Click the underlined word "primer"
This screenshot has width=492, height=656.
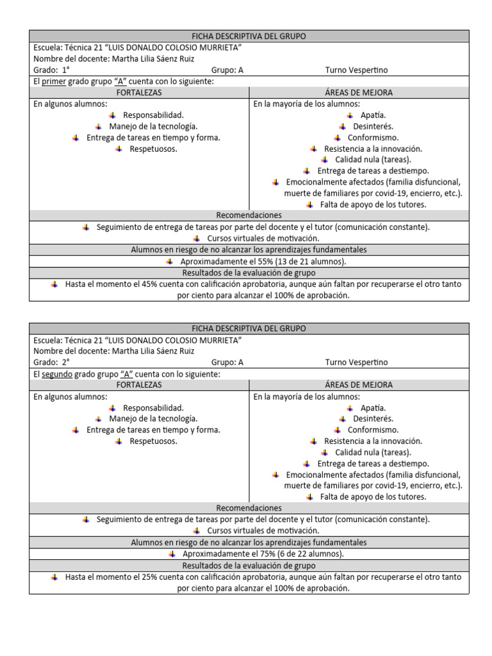(54, 81)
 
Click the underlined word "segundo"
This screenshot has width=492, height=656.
(57, 373)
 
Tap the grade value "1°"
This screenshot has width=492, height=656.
(65, 70)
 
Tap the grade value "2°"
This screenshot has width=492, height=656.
(65, 362)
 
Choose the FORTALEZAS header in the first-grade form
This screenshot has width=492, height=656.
(139, 92)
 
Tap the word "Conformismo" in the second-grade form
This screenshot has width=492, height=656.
(373, 430)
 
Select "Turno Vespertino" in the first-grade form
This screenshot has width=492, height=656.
(356, 70)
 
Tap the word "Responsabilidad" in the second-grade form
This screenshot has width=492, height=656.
(153, 407)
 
